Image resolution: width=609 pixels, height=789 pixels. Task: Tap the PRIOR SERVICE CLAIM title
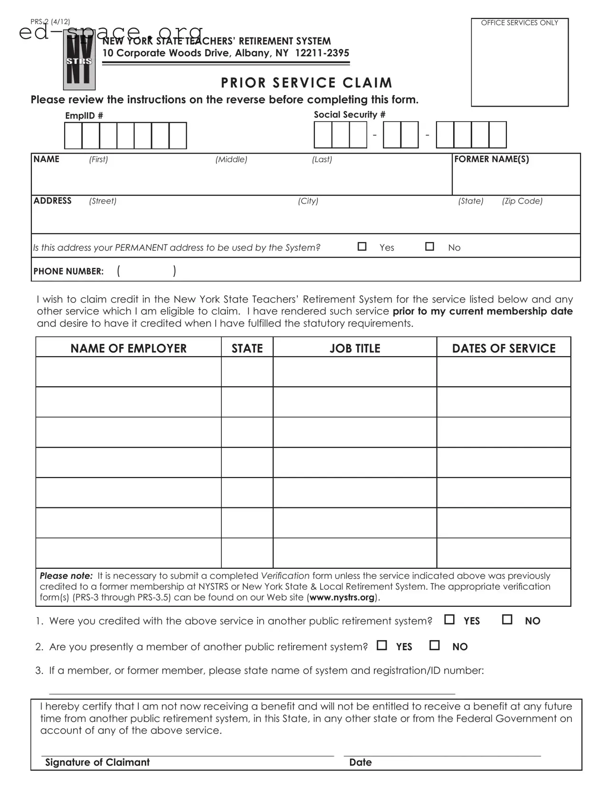tap(306, 83)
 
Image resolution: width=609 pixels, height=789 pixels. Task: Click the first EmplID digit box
tap(73, 136)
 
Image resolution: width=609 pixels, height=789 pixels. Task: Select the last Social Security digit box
tap(497, 135)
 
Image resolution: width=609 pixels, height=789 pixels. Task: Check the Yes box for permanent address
tap(362, 246)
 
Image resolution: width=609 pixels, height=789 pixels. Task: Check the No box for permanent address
tap(429, 246)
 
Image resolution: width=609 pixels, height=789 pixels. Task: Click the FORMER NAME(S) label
tap(491, 159)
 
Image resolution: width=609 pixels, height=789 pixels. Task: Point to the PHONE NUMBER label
tap(68, 271)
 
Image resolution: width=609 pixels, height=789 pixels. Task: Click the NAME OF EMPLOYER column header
tap(128, 348)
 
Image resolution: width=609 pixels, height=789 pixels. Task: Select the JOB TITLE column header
tap(355, 348)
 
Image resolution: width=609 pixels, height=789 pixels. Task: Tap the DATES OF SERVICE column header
tap(504, 348)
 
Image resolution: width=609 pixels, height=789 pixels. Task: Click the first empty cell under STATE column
tap(247, 371)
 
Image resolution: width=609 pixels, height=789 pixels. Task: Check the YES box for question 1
tap(449, 620)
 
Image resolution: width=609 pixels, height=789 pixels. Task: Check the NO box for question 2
tap(434, 645)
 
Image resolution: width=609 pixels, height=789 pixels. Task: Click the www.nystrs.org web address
tap(342, 597)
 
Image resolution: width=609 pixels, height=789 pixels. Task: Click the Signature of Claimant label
tap(97, 762)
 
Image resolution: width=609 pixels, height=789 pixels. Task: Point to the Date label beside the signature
tap(360, 762)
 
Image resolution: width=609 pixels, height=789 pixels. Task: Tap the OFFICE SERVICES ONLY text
tap(519, 23)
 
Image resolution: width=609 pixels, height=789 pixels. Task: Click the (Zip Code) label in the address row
tap(522, 201)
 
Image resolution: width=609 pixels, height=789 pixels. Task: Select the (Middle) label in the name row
tap(231, 159)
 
